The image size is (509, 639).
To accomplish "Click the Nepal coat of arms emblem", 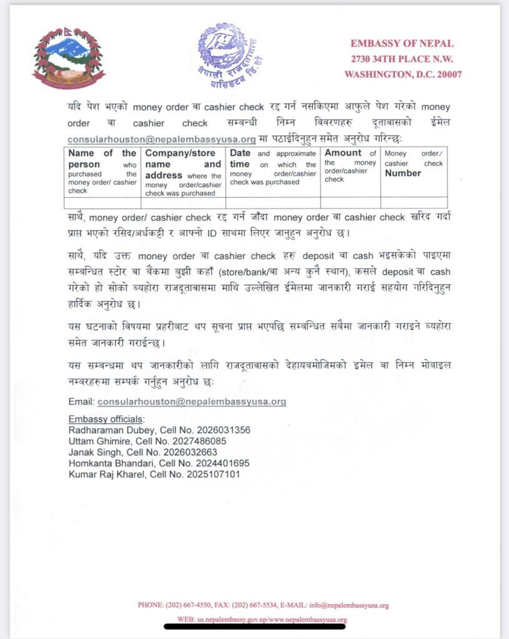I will (x=69, y=57).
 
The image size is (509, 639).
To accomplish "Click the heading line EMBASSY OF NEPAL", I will (x=402, y=44).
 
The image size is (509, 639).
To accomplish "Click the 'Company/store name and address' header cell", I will (x=183, y=172).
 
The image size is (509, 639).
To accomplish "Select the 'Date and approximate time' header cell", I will (x=272, y=167).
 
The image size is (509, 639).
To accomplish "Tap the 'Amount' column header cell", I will (x=350, y=165).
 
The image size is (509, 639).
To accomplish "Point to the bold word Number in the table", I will (x=403, y=173).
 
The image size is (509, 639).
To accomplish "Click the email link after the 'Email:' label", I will (x=192, y=402).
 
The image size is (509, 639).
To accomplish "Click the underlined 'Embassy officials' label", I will (x=106, y=419).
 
